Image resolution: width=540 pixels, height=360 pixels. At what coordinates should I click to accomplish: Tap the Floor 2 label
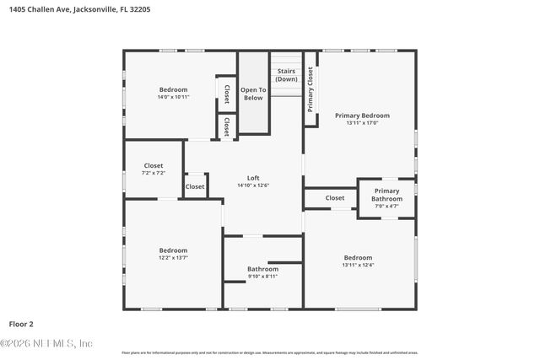pyautogui.click(x=21, y=323)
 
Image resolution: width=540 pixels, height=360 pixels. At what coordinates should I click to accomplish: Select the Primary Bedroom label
pyautogui.click(x=362, y=116)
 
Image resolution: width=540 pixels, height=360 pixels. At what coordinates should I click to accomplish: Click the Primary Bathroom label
pyautogui.click(x=386, y=195)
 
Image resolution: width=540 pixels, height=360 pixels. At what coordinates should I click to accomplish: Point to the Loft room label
pyautogui.click(x=253, y=178)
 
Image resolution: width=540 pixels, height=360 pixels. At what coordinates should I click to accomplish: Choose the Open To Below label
pyautogui.click(x=253, y=94)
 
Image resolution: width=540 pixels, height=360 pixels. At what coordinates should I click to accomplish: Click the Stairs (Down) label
pyautogui.click(x=286, y=75)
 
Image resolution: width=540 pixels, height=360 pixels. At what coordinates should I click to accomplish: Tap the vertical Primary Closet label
pyautogui.click(x=310, y=89)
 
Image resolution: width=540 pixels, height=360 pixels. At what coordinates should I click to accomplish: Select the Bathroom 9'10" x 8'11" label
pyautogui.click(x=262, y=269)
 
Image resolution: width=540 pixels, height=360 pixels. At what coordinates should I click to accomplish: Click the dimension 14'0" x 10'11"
pyautogui.click(x=173, y=97)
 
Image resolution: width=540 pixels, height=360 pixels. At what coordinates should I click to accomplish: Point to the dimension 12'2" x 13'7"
pyautogui.click(x=173, y=258)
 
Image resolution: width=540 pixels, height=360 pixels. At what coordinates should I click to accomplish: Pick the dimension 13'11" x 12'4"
pyautogui.click(x=358, y=265)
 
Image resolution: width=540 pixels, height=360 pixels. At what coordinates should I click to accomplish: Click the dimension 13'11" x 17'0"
pyautogui.click(x=362, y=123)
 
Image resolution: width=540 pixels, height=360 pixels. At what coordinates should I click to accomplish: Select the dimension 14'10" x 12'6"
pyautogui.click(x=253, y=185)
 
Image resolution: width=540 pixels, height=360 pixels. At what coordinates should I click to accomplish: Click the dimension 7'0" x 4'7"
pyautogui.click(x=386, y=206)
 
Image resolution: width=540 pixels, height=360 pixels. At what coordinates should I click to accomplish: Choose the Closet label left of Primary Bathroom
pyautogui.click(x=335, y=198)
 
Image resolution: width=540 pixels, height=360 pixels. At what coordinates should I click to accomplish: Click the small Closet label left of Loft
pyautogui.click(x=195, y=186)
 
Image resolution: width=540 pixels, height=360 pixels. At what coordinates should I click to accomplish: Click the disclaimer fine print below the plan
pyautogui.click(x=269, y=352)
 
